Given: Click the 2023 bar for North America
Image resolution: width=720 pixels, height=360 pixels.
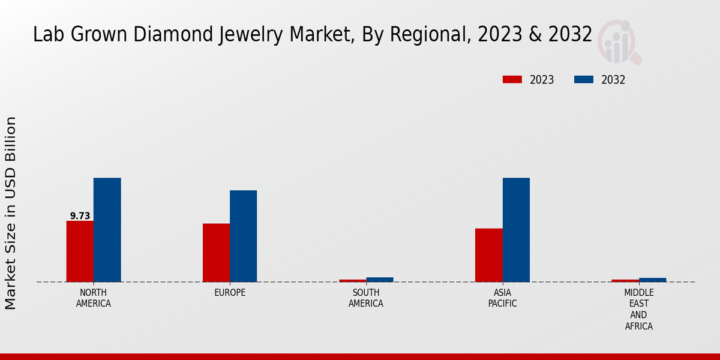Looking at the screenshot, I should point(80,251).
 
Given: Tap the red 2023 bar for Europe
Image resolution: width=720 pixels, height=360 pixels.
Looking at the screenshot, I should point(216,253).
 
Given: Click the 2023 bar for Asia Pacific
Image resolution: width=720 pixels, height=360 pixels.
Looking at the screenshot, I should point(488,255).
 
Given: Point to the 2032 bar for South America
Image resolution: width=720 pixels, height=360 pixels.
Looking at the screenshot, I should point(380,280).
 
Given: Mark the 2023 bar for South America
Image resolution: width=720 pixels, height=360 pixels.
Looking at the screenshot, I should point(352,280).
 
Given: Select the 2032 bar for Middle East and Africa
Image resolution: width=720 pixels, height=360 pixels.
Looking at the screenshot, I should point(652,280).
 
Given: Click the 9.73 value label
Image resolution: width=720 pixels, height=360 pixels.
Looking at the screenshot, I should point(80,216).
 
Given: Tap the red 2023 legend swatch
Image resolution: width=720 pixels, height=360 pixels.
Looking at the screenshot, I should point(512,80).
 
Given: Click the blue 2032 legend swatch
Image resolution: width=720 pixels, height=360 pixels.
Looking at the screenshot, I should point(584,80).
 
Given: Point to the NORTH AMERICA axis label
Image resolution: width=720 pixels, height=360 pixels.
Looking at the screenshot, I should point(94,298).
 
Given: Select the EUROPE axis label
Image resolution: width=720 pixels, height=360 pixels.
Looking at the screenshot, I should point(230,293).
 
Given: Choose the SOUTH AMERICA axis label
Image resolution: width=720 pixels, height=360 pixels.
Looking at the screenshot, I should point(366,298).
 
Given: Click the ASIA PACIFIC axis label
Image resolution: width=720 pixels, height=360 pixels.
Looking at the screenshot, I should point(502,298).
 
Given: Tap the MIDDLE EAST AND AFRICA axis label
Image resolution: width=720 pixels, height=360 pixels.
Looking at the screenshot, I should point(638,310).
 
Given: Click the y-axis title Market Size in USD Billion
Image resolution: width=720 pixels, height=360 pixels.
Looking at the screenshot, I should point(11,213).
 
